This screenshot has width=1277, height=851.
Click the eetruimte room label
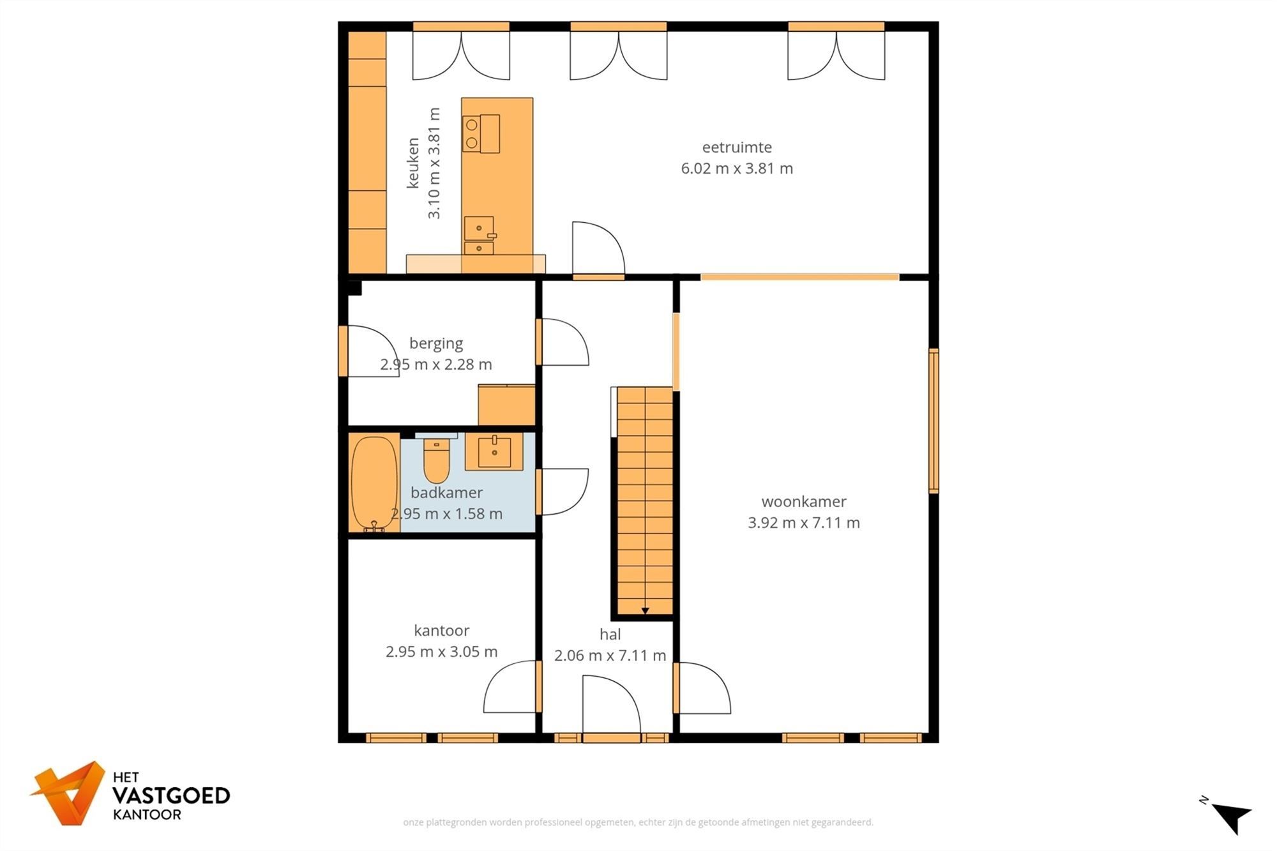(x=737, y=147)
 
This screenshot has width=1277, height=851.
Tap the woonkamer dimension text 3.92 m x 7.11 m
(x=803, y=523)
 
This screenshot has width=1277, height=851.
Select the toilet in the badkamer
(x=437, y=461)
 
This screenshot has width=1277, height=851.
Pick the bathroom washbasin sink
(x=494, y=451)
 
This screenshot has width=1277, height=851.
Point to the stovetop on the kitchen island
(x=481, y=134)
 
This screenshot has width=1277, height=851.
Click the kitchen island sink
(x=479, y=229)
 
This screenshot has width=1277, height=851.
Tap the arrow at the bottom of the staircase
(x=645, y=612)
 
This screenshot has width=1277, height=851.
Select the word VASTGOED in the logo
(x=170, y=796)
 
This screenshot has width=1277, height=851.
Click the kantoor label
(x=441, y=631)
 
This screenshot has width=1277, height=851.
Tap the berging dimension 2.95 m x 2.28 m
(x=436, y=365)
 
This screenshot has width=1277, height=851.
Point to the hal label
(x=610, y=635)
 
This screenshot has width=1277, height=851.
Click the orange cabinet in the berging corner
(x=506, y=405)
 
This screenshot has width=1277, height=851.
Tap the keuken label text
(x=413, y=163)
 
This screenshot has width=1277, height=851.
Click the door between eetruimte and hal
(x=598, y=249)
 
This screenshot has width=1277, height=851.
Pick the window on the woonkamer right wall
(x=933, y=421)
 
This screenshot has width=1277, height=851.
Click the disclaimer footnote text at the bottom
(x=638, y=822)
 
